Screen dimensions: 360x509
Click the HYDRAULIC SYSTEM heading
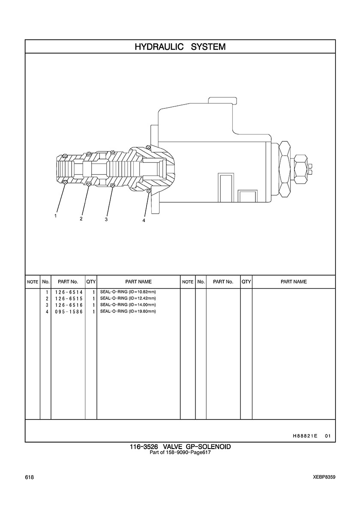180,47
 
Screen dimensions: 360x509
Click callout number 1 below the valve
56,216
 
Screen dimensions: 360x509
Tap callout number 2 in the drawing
81,219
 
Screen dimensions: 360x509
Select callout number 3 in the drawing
106,219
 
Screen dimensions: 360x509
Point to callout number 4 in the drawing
144,220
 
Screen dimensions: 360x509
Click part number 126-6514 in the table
69,292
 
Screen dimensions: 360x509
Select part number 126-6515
69,299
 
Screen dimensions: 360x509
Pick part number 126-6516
69,305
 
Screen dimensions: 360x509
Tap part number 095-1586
69,311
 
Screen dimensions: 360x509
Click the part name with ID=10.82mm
128,291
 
